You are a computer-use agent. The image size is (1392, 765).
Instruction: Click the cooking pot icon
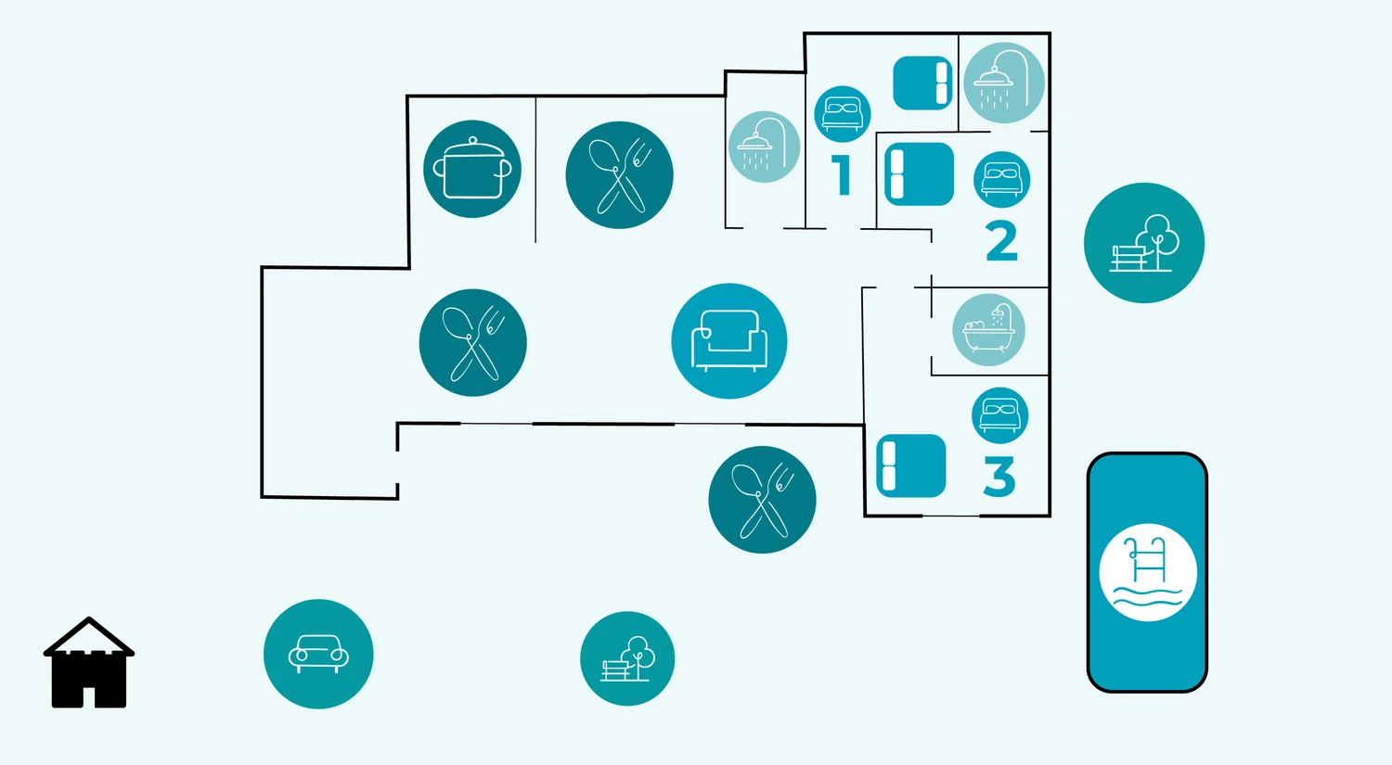pos(472,170)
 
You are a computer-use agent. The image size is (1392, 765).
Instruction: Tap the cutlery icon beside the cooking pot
pos(619,175)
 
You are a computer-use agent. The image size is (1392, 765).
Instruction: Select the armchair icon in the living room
pos(729,341)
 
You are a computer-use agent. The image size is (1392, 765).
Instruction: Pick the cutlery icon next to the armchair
pos(473,343)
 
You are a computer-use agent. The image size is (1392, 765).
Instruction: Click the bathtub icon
pos(988,331)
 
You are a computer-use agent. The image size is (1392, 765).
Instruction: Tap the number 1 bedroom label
pos(842,175)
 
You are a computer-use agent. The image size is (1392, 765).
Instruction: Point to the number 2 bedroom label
pos(1001,241)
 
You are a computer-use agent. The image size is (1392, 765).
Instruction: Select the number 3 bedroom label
pos(999,477)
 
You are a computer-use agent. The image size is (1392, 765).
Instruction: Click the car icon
pos(318,654)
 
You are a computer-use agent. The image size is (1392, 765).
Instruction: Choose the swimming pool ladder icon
pos(1148,572)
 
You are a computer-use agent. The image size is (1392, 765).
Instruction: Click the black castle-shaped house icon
pos(89,663)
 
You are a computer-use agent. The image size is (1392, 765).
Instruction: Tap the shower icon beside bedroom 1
pos(764,147)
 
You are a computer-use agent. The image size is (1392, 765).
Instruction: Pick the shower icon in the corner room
pos(1003,83)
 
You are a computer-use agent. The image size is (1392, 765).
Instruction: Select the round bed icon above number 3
pos(999,414)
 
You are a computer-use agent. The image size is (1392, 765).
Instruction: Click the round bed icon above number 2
pos(1001,179)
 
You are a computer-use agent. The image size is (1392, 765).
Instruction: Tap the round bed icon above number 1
pos(842,114)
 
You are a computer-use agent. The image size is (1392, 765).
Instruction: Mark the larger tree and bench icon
pos(1144,243)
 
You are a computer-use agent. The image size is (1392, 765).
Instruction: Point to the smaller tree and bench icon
pos(627,658)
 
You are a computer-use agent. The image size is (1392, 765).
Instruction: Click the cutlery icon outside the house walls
pos(762,500)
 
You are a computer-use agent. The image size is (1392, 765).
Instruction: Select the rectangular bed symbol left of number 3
pos(910,465)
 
